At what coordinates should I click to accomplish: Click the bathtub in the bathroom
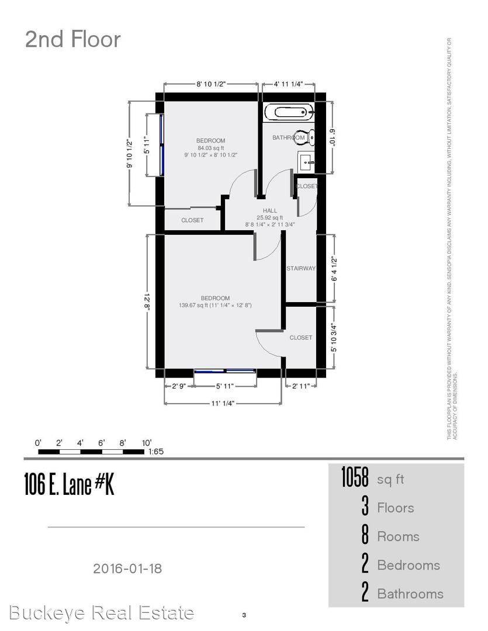tap(288, 112)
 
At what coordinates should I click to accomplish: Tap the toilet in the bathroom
tap(305, 137)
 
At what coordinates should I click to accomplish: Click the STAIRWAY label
tap(301, 269)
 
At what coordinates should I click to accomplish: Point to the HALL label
tap(270, 210)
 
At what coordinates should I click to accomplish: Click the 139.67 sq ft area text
tap(216, 305)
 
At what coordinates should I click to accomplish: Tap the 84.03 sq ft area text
tap(210, 148)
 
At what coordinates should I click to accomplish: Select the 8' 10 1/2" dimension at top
tap(211, 84)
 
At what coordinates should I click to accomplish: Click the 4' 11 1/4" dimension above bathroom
tap(288, 84)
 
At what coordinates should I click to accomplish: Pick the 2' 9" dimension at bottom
tap(178, 386)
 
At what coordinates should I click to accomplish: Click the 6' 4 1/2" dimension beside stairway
tap(334, 269)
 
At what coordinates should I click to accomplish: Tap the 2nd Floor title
tap(72, 40)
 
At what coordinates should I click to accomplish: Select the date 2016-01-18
tap(127, 567)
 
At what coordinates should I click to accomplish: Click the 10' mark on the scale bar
tap(146, 442)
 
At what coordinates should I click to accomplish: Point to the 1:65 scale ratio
tap(157, 452)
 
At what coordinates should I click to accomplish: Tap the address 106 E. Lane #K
tap(69, 484)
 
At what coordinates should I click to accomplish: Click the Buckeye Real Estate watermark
tap(102, 613)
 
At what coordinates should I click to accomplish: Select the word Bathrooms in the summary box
tap(410, 594)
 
